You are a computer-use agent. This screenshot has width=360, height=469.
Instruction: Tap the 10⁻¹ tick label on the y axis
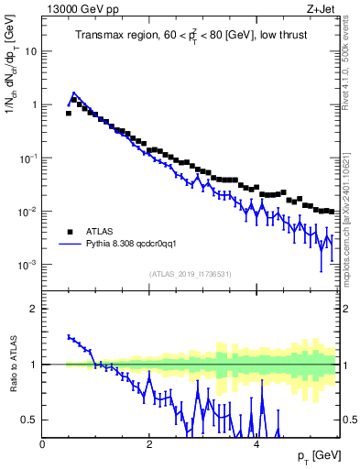click(x=29, y=158)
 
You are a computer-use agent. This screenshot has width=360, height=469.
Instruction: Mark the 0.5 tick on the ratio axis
click(x=30, y=420)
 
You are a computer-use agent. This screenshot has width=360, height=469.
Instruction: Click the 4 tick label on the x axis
click(x=256, y=444)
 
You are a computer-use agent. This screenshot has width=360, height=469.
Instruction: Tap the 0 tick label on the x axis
click(x=43, y=444)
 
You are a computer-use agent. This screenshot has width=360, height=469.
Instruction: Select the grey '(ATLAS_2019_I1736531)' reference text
click(x=189, y=274)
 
